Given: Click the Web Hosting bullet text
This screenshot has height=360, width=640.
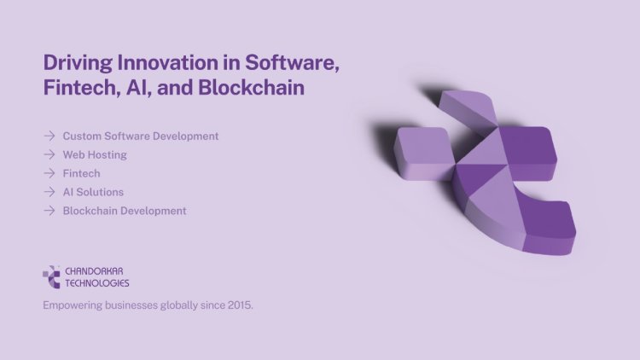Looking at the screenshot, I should [95, 154].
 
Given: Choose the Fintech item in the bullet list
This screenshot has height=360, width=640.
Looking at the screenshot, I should [81, 173].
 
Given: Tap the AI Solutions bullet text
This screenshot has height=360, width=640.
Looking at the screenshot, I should [93, 192].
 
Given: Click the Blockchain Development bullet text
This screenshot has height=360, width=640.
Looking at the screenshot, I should [125, 211].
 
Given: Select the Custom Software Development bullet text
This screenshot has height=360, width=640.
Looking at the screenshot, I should [141, 136].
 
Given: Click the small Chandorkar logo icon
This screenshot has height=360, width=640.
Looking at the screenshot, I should [51, 276].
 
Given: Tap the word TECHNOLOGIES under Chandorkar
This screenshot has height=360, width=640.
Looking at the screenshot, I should [97, 282].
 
